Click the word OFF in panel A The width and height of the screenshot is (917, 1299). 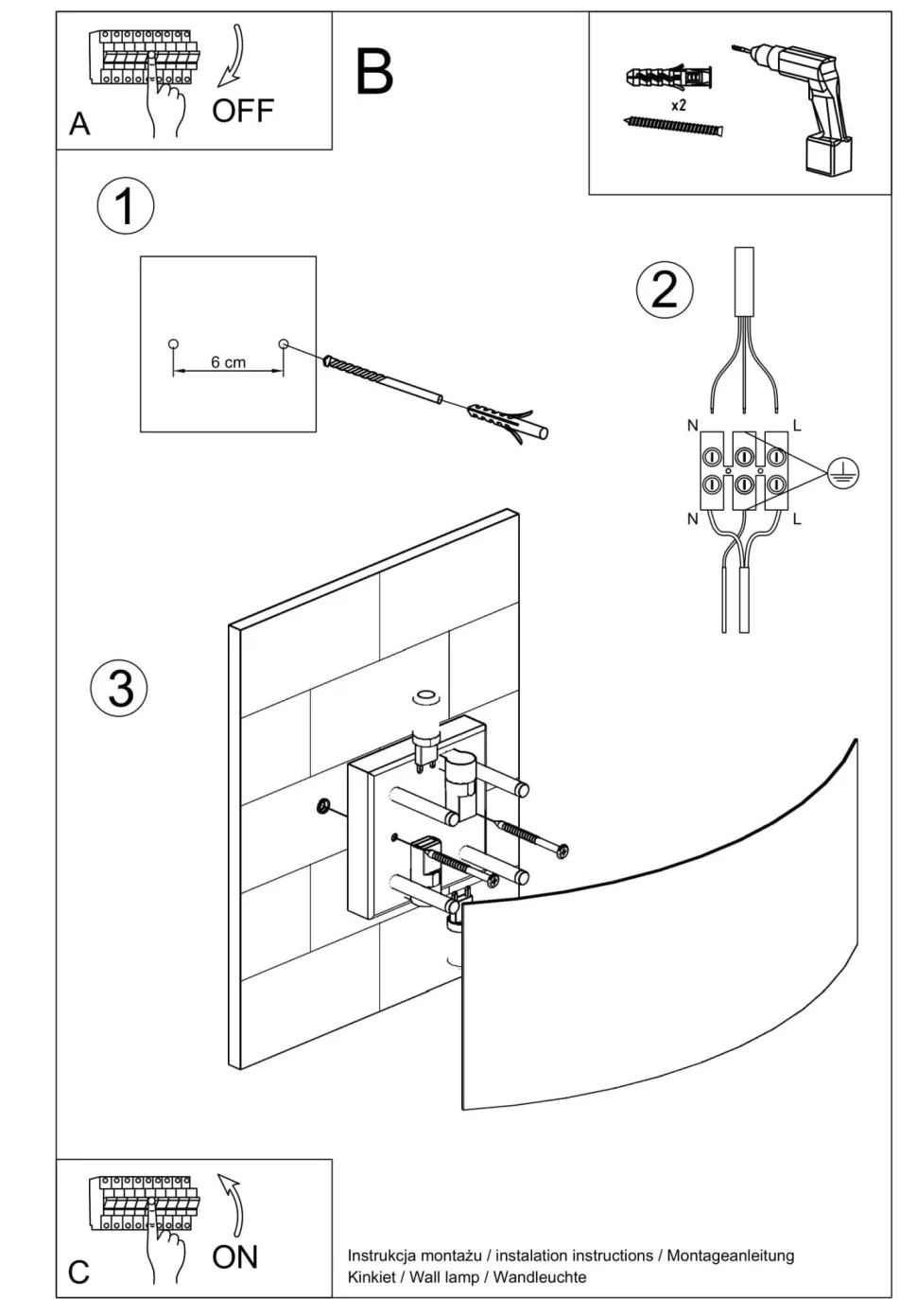click(242, 111)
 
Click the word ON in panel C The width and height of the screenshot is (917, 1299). click(234, 1257)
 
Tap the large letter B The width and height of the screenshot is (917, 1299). click(374, 72)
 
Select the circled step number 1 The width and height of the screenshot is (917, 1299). click(125, 206)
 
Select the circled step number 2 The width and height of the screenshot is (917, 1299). click(664, 290)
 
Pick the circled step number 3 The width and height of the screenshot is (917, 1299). click(120, 688)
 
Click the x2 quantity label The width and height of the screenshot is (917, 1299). click(679, 105)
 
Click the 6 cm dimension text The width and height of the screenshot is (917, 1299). click(228, 362)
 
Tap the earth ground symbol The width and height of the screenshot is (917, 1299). click(842, 472)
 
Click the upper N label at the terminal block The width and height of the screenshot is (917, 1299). click(692, 426)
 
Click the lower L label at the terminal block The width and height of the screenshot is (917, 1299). click(797, 518)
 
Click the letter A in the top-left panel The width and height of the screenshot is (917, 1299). click(79, 124)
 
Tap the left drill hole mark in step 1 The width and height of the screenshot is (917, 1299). click(172, 343)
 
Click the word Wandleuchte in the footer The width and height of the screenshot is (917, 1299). click(540, 1277)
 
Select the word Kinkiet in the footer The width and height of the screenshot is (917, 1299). click(372, 1277)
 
